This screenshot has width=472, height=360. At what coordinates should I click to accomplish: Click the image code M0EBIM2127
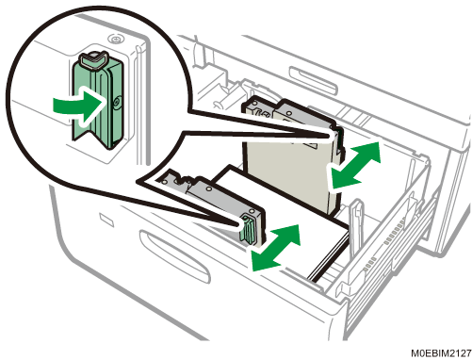pos(441,353)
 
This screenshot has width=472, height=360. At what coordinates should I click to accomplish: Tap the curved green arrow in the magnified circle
pos(78,106)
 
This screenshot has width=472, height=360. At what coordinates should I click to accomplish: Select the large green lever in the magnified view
pos(97,101)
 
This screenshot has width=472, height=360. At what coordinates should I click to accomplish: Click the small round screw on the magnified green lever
pos(117,102)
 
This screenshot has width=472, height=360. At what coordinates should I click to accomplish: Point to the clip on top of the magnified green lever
pos(92,59)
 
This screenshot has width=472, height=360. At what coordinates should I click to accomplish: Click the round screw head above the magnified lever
pos(116,40)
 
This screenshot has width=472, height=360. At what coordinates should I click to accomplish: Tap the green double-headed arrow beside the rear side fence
pos(355,165)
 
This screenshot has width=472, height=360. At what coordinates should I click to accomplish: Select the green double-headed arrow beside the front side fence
pos(276,248)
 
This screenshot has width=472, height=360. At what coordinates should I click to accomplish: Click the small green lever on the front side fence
pos(248,229)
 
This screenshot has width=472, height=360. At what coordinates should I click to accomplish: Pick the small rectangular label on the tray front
pos(106,220)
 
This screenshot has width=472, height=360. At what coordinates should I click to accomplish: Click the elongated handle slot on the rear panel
pos(313,80)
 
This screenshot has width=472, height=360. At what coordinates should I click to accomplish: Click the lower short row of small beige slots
pos(370,263)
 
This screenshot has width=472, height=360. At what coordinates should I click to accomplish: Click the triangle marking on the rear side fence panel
pos(312,144)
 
